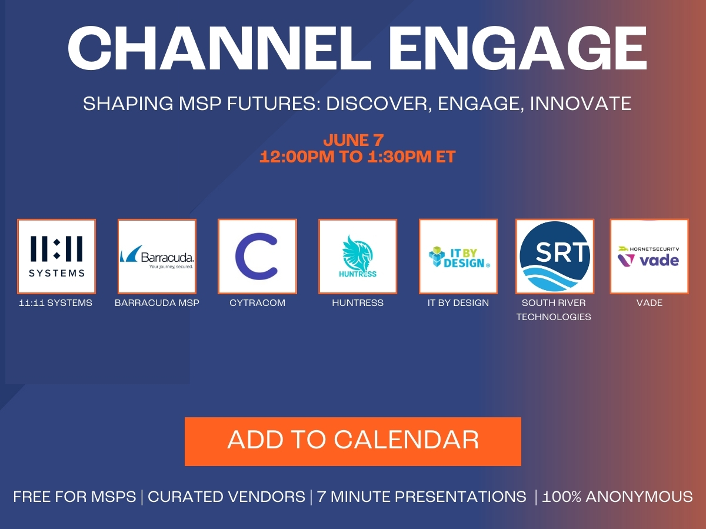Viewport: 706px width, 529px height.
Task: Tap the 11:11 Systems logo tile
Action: click(x=56, y=257)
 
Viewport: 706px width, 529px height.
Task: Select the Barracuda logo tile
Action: click(x=157, y=257)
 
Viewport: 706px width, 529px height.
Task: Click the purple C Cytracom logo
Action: click(x=257, y=257)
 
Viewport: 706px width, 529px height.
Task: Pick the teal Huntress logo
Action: click(x=358, y=257)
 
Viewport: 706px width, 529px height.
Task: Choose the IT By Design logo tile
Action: click(x=458, y=257)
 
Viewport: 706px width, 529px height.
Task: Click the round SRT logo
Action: click(x=554, y=257)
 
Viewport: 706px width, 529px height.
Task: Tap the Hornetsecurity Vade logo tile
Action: click(x=649, y=257)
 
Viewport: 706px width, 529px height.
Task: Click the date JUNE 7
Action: click(x=353, y=141)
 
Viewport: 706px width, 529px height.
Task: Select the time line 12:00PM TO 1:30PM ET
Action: click(x=358, y=157)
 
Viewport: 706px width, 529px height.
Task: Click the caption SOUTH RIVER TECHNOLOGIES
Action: click(x=554, y=310)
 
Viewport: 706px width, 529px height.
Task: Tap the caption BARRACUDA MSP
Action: click(x=157, y=303)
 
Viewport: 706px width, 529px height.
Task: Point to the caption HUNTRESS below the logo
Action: click(x=358, y=303)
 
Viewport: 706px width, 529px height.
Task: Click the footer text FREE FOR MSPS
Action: click(x=74, y=497)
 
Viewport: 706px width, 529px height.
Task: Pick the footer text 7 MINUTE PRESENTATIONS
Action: click(x=421, y=497)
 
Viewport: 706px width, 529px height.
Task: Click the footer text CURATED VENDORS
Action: click(x=227, y=497)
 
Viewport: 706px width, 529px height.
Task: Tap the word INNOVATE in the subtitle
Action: click(x=581, y=104)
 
